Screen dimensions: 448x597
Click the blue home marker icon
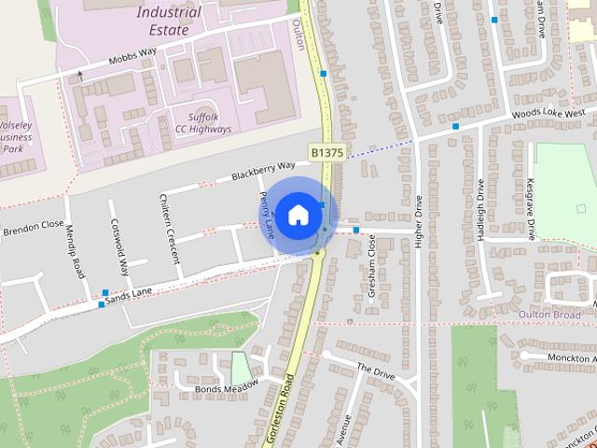point(297,214)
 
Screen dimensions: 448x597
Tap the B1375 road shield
point(326,151)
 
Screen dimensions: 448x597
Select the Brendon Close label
point(32,227)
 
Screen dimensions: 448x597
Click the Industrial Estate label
point(168,21)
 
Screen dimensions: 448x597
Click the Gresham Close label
point(371,266)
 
